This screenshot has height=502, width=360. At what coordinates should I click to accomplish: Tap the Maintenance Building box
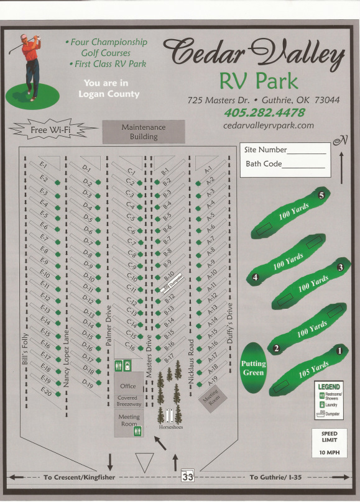click(x=144, y=132)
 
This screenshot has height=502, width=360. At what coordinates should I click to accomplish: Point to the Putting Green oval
click(x=253, y=368)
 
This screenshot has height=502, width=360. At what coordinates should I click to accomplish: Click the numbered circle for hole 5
click(x=321, y=195)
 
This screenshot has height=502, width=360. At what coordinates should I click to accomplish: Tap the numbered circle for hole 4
click(x=256, y=278)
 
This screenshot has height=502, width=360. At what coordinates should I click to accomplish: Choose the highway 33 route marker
click(x=187, y=477)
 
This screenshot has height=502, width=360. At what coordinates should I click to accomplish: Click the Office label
click(x=127, y=386)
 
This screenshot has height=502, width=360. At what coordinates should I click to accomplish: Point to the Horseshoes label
click(x=170, y=427)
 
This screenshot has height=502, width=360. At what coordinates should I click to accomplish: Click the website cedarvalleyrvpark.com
click(x=268, y=125)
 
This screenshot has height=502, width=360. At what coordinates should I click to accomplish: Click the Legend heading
click(x=329, y=387)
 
